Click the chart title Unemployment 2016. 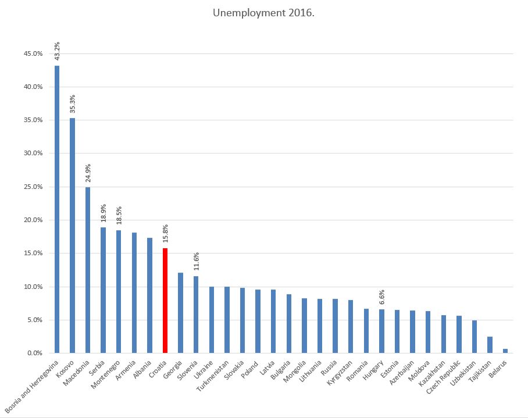point(263,13)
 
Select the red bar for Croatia point(165,301)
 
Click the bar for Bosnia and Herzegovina point(57,209)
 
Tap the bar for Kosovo point(73,235)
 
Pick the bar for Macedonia point(88,270)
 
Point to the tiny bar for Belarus point(505,351)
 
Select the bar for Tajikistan point(490,345)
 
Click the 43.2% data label point(57,51)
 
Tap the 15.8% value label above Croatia point(165,233)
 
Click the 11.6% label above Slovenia point(196,262)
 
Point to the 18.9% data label point(104,213)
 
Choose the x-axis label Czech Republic point(445,381)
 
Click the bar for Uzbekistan point(475,337)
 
